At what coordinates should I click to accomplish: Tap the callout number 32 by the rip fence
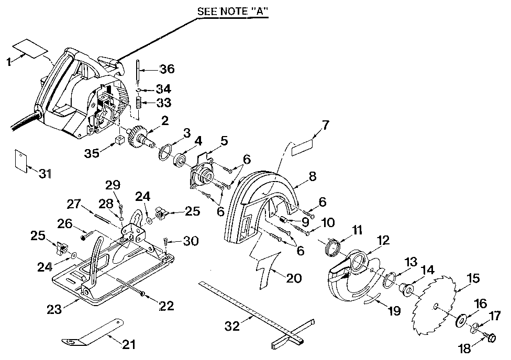(x=232, y=326)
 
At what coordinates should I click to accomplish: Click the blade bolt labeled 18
(x=491, y=337)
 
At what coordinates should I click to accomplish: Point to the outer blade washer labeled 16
(x=463, y=320)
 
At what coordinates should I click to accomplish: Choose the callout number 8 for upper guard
(x=313, y=176)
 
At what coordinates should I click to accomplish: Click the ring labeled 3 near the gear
(x=165, y=152)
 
